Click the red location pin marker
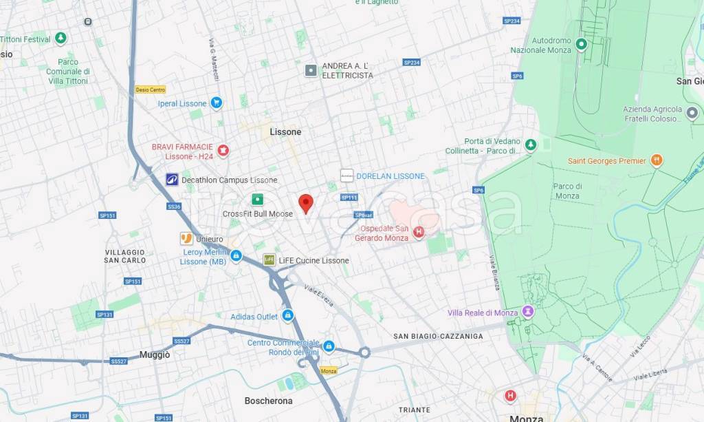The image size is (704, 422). click(x=306, y=203)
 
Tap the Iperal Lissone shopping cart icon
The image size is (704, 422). click(x=216, y=103)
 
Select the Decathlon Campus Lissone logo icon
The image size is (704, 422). click(x=172, y=180)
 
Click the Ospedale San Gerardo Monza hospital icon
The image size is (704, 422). click(x=419, y=232)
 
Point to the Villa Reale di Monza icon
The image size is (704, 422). click(x=528, y=312)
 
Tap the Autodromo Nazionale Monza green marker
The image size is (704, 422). click(x=581, y=45)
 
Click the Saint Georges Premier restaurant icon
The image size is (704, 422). click(x=656, y=160)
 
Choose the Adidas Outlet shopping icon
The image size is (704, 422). click(x=287, y=316)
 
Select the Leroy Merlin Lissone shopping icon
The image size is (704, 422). click(x=236, y=255)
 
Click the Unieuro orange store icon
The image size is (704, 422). click(x=186, y=238)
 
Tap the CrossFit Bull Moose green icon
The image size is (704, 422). click(x=257, y=200)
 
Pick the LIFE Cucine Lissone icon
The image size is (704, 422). click(x=269, y=260)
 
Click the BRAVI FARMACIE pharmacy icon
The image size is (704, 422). click(x=223, y=150)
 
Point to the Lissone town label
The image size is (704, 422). click(x=285, y=131)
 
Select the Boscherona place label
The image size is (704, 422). click(x=268, y=401)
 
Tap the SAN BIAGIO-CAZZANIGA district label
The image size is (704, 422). click(x=438, y=336)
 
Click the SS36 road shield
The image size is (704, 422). click(x=174, y=207)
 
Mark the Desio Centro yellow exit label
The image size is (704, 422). click(x=150, y=89)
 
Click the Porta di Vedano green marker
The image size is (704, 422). click(x=530, y=145)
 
